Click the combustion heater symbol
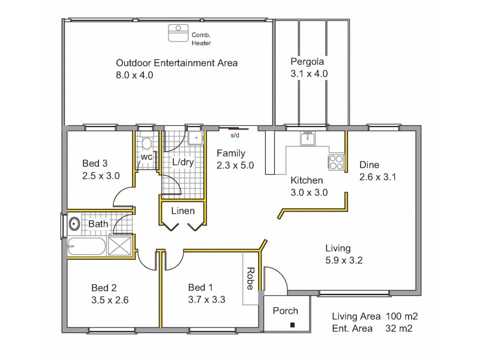coord(178,33)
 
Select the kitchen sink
coord(307,139)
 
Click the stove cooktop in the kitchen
coord(336,162)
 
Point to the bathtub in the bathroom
coord(86,247)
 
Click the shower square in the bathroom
coord(119,246)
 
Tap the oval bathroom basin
coord(74,224)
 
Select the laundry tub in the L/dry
coord(196,138)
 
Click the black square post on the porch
coord(292,325)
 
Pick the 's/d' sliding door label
coord(235,135)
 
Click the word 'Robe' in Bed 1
coord(250,278)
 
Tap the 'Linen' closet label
coord(183,211)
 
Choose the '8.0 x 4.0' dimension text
coord(134,75)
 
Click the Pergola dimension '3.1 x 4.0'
coord(309,74)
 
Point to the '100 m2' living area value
coord(401,316)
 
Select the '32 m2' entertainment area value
coord(399,328)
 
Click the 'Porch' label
coord(286,311)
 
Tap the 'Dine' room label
coord(369,165)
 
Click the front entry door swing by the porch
coord(280,274)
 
